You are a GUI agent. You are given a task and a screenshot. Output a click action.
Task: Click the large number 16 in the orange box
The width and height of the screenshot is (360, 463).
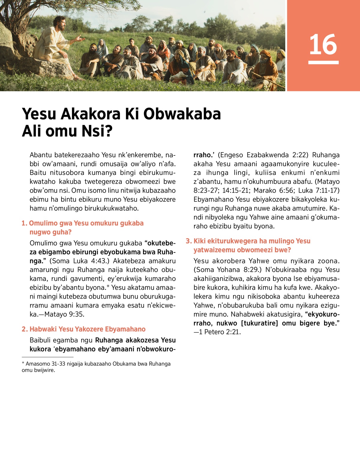[x=323, y=44]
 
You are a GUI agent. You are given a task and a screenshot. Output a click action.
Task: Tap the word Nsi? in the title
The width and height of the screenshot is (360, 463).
[x=98, y=131]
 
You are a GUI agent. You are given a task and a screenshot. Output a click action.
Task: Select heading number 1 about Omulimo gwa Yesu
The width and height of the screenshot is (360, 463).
[x=82, y=227]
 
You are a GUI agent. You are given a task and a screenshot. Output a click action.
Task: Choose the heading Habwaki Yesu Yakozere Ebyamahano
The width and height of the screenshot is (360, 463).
[x=84, y=329]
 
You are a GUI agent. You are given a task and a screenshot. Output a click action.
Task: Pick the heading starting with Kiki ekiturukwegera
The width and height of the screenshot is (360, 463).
[x=248, y=245]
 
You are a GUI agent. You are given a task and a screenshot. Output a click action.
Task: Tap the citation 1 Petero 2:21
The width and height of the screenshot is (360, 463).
[x=219, y=332]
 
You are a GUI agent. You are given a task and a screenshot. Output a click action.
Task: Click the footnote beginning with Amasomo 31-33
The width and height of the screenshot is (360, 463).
[x=96, y=367]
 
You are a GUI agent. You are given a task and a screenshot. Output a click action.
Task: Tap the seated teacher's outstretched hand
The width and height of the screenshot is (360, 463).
[x=80, y=38]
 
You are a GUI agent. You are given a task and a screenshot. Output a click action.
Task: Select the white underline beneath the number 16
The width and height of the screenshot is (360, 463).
[x=323, y=62]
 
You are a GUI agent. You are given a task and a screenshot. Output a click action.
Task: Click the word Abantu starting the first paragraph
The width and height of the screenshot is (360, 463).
[x=40, y=155]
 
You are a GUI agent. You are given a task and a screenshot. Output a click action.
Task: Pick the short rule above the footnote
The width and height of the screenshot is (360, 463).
[x=47, y=357]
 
